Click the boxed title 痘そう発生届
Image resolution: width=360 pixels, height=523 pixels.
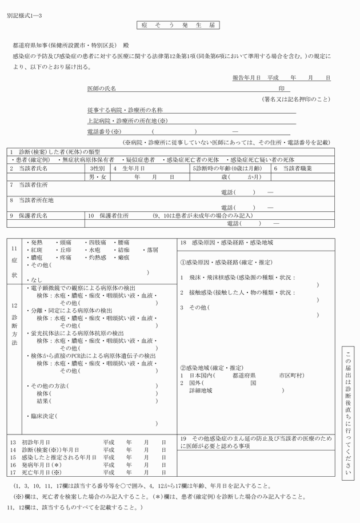click(178, 26)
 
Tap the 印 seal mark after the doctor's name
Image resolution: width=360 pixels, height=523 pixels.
click(281, 89)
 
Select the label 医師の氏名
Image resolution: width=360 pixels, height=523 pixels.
click(101, 89)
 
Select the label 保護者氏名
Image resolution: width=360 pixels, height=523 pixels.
click(33, 216)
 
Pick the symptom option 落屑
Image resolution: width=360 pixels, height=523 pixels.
click(151, 250)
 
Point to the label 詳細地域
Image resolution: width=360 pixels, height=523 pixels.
click(201, 391)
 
